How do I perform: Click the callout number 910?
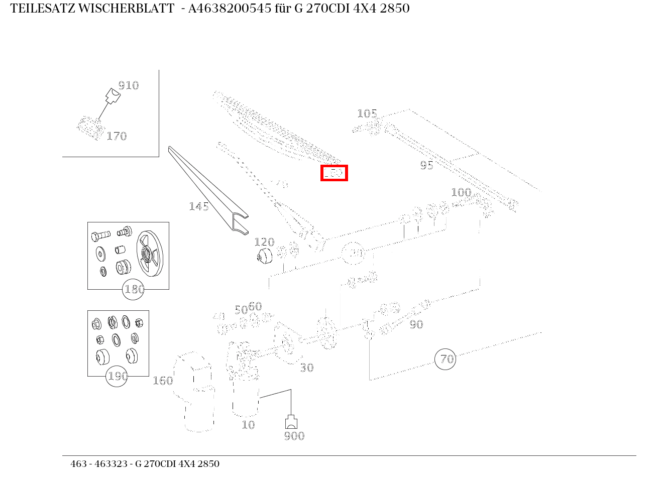(129, 85)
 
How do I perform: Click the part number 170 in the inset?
(117, 136)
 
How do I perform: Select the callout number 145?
(199, 206)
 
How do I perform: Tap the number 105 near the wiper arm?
(367, 113)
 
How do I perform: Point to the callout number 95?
(426, 165)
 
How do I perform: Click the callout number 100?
(461, 192)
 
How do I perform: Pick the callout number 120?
(264, 243)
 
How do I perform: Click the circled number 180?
(134, 290)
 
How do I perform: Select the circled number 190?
(117, 376)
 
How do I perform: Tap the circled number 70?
(446, 359)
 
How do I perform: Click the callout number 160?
(163, 381)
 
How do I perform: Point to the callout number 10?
(249, 425)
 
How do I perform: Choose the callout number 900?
(294, 436)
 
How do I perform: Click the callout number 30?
(307, 368)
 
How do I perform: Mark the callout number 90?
(416, 325)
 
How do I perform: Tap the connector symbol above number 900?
(291, 422)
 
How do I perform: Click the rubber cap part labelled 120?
(263, 256)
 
